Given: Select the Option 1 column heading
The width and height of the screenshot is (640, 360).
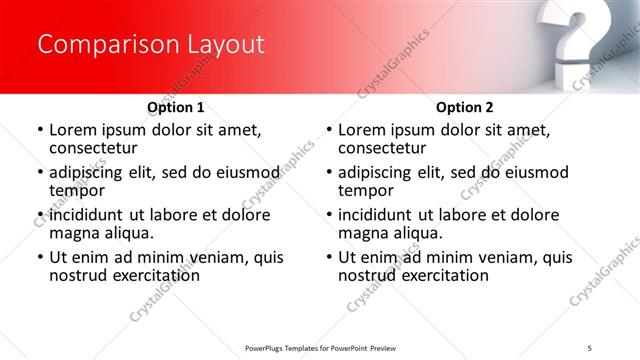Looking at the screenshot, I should pyautogui.click(x=176, y=107).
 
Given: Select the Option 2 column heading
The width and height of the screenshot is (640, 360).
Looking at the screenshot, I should pyautogui.click(x=465, y=107).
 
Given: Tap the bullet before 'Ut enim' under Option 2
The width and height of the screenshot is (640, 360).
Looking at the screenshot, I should pyautogui.click(x=330, y=258).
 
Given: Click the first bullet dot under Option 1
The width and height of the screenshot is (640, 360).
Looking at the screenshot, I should pyautogui.click(x=41, y=131).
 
